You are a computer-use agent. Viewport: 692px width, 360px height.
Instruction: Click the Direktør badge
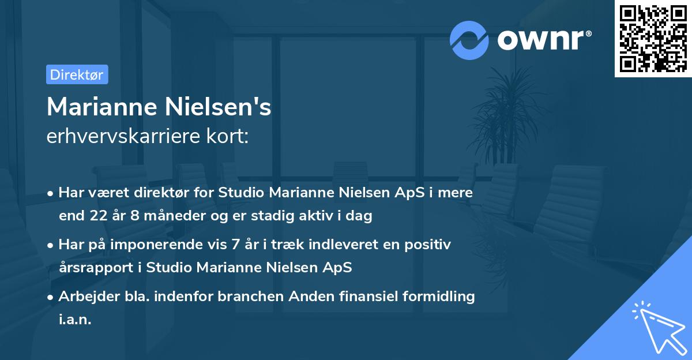(77, 74)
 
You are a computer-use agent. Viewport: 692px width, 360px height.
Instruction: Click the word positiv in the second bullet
(430, 245)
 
